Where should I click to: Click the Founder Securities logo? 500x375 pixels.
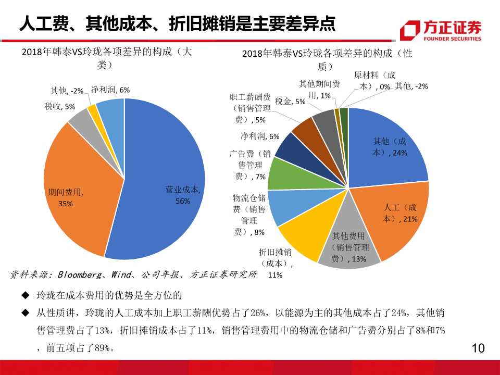[x=441, y=31]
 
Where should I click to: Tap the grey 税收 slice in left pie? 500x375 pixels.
[x=81, y=119]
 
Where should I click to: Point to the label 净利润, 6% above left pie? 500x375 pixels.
[x=110, y=90]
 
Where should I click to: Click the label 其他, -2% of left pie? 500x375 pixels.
[x=67, y=91]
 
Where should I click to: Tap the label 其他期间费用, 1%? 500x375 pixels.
[x=319, y=89]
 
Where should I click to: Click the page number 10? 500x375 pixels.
[x=478, y=348]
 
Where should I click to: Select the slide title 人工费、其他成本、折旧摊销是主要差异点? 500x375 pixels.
[x=177, y=23]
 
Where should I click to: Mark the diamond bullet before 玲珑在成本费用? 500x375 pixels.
[x=24, y=295]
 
